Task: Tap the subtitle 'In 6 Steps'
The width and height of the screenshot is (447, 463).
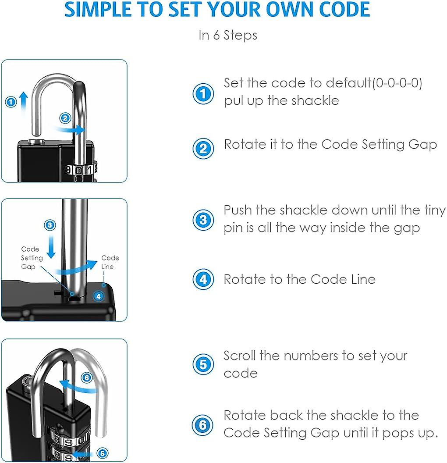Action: [228, 35]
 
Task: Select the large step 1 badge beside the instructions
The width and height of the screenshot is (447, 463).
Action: [203, 93]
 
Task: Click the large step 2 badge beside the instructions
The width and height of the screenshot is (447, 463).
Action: [203, 148]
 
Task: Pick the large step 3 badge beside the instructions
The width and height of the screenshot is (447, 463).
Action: [203, 220]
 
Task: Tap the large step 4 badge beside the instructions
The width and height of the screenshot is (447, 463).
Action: [203, 279]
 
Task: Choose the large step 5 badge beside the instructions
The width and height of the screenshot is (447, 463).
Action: [203, 364]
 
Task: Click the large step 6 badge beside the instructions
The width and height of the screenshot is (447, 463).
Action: [203, 424]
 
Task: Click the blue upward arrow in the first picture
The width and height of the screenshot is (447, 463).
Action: [24, 101]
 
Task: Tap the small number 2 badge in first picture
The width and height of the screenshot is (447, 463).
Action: [65, 118]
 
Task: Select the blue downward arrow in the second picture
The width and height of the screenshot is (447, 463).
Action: [51, 246]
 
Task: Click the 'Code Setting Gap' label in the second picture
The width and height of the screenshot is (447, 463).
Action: [32, 258]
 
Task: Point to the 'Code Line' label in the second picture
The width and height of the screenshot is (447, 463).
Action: [110, 262]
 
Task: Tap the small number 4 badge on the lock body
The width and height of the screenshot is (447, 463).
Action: [99, 296]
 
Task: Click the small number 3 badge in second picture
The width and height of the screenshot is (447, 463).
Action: [50, 225]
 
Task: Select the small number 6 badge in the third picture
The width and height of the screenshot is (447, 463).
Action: [86, 377]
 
